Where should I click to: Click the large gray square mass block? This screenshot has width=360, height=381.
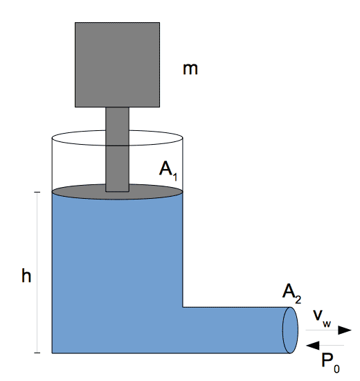pyautogui.click(x=117, y=64)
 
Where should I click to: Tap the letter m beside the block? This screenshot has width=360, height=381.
pyautogui.click(x=190, y=69)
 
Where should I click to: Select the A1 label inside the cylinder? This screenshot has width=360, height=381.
pyautogui.click(x=168, y=171)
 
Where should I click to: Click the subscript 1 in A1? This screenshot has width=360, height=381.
pyautogui.click(x=175, y=177)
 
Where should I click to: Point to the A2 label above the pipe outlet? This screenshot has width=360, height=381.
pyautogui.click(x=291, y=294)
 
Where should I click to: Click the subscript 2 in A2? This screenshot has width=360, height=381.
pyautogui.click(x=298, y=299)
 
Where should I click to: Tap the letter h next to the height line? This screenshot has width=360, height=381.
pyautogui.click(x=26, y=275)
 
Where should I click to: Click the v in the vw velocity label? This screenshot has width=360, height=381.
pyautogui.click(x=318, y=315)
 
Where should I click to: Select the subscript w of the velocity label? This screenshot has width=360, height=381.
pyautogui.click(x=327, y=324)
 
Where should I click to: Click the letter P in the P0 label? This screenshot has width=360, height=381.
pyautogui.click(x=327, y=360)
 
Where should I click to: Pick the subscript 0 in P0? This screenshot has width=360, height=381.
pyautogui.click(x=336, y=369)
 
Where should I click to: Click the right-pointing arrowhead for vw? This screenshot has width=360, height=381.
pyautogui.click(x=345, y=330)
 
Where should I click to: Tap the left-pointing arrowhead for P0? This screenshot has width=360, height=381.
pyautogui.click(x=313, y=345)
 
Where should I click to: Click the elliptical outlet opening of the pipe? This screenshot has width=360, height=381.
pyautogui.click(x=290, y=330)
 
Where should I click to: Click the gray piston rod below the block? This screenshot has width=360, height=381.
pyautogui.click(x=117, y=150)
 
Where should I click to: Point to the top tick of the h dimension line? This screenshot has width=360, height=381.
pyautogui.click(x=37, y=192)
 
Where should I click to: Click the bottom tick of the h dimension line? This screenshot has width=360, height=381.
pyautogui.click(x=37, y=353)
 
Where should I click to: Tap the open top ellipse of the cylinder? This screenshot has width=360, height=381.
pyautogui.click(x=117, y=130)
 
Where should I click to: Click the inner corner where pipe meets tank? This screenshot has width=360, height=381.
pyautogui.click(x=183, y=307)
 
